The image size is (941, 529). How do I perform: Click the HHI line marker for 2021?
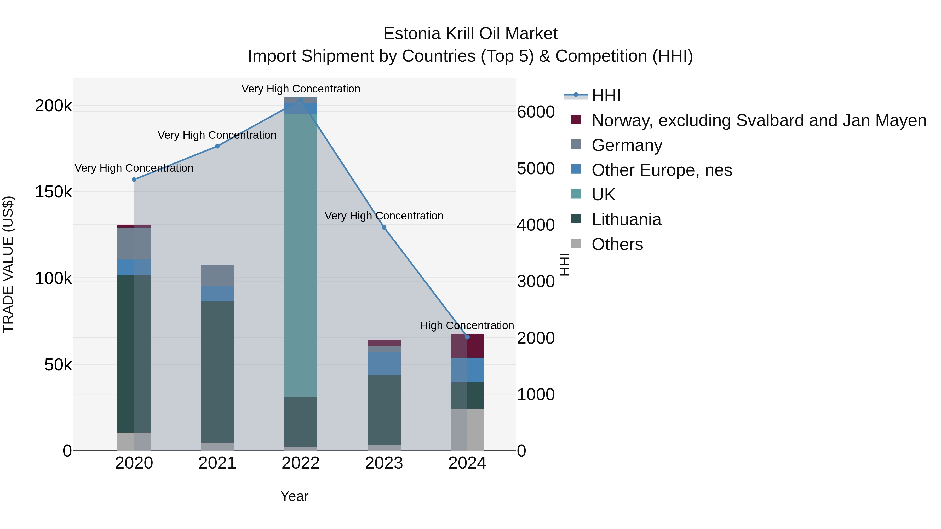click(x=217, y=146)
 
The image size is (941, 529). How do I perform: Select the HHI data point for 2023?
click(x=384, y=228)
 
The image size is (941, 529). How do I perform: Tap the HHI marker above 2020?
click(x=134, y=180)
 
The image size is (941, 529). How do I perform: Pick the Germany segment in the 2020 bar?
click(x=134, y=243)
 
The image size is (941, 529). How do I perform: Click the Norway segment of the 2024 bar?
click(x=467, y=346)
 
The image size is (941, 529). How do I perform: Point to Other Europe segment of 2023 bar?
click(x=384, y=364)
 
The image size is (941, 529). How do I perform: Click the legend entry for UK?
click(x=603, y=195)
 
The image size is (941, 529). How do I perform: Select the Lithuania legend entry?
click(x=626, y=219)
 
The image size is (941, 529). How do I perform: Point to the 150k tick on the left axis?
click(x=53, y=192)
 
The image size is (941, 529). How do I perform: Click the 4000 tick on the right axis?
click(x=536, y=225)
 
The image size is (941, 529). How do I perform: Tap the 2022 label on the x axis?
click(x=301, y=463)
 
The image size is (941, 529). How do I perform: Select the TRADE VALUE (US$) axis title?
click(x=8, y=264)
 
